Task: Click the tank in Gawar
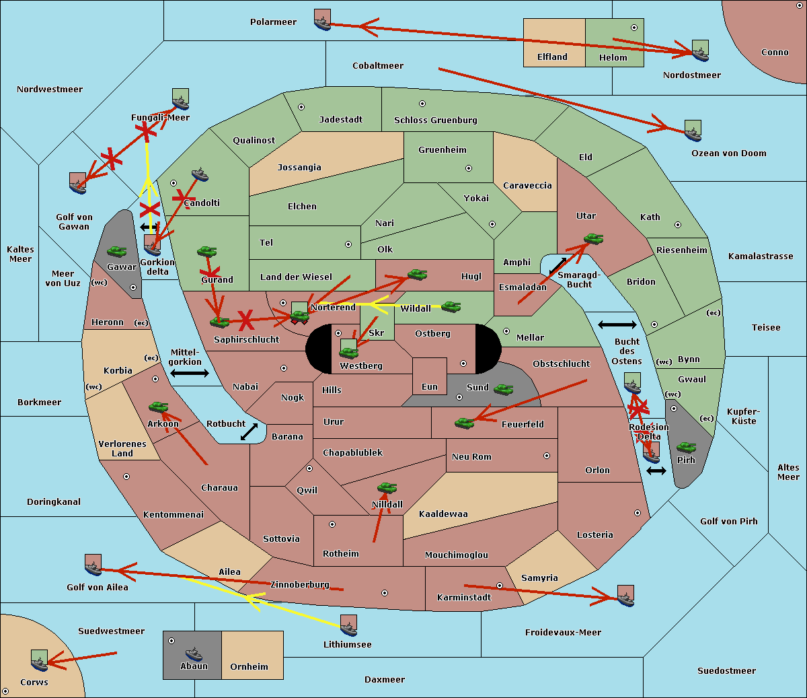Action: (117, 251)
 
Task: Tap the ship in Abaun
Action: (194, 654)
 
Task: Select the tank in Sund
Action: (503, 389)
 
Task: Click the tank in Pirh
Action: (686, 447)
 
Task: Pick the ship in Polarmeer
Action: (323, 20)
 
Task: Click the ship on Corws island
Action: (39, 660)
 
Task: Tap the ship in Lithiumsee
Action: (348, 626)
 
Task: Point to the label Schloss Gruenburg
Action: (435, 120)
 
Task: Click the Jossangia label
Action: (299, 168)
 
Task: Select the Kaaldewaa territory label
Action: (443, 514)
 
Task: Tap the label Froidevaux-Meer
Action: (563, 632)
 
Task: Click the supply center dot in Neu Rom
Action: (547, 456)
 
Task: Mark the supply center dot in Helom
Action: (634, 28)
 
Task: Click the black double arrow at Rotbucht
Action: (249, 431)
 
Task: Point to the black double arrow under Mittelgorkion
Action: (190, 373)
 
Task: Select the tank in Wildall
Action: (451, 307)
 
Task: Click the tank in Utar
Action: (593, 238)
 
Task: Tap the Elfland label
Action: (552, 57)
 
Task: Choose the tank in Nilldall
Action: (387, 488)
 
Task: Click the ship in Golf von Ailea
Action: (93, 565)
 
